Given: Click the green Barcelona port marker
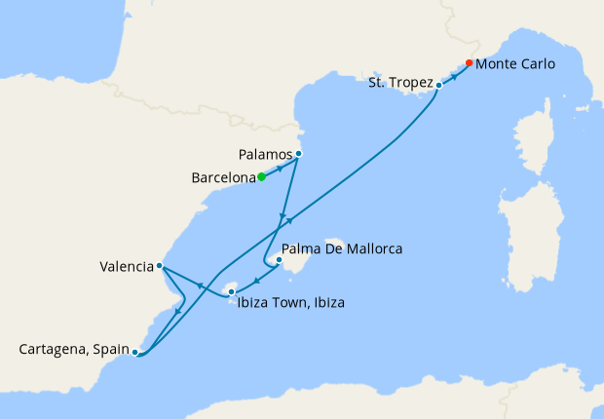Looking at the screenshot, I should [x=261, y=177].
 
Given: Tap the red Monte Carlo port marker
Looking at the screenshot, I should [x=470, y=63].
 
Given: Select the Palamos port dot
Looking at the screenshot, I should [x=298, y=154].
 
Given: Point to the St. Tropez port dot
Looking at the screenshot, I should [x=438, y=86].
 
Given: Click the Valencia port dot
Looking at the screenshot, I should [x=159, y=265].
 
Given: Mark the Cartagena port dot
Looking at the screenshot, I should [x=134, y=352].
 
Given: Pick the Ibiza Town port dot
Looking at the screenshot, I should [x=231, y=289].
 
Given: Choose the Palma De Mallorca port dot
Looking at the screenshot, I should [x=279, y=260].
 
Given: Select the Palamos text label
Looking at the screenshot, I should [x=264, y=154].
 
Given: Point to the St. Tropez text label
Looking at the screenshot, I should [x=399, y=84].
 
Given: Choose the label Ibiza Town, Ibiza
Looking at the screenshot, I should [x=290, y=302].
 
